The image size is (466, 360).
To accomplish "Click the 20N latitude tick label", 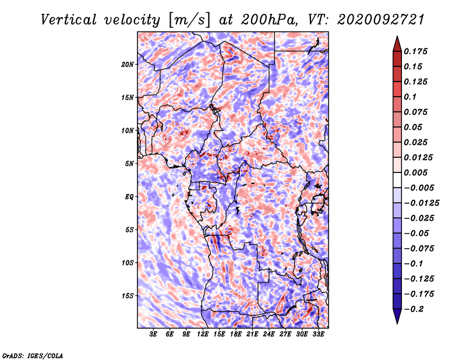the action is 127,65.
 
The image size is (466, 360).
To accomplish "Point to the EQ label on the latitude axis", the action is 129,197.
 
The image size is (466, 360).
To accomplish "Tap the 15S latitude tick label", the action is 127,296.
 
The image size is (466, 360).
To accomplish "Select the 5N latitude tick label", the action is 129,164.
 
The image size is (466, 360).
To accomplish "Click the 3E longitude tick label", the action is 153,334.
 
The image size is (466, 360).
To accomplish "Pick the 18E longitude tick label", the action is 236,334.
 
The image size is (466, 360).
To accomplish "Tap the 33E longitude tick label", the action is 318,334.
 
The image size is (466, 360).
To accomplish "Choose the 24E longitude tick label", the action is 269,334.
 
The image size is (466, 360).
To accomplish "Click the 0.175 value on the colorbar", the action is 415,51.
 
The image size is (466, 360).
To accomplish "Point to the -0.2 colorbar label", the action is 414,309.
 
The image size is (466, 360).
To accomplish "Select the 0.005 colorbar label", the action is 415,172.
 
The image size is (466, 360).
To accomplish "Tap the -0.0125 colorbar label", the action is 421,203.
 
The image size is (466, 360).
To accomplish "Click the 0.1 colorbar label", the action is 410,97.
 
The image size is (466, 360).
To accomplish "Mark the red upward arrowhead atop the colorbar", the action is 397,44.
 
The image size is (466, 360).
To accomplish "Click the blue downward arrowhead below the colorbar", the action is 397,316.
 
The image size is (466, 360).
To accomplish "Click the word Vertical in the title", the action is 69,20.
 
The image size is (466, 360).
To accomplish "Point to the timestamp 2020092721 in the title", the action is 381,20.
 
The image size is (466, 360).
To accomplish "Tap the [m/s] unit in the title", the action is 189,20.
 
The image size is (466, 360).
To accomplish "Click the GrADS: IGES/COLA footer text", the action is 33,355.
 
